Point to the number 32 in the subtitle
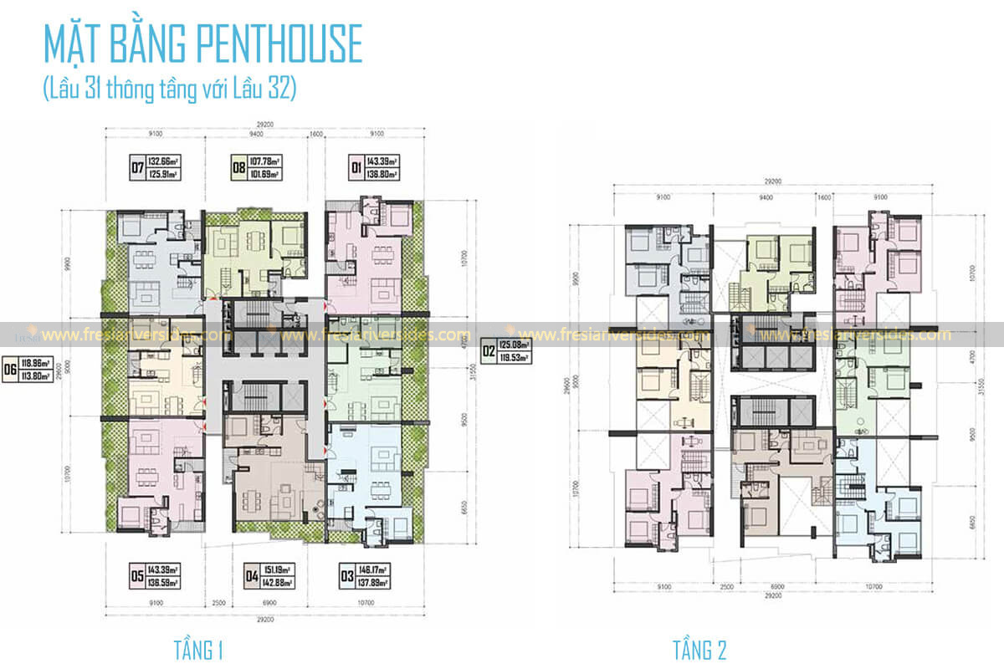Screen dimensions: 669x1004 (281, 89)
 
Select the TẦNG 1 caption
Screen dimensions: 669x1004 (198, 650)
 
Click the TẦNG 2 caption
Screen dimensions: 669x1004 (700, 650)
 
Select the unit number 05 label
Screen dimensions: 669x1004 (136, 575)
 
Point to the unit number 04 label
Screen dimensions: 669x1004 (249, 575)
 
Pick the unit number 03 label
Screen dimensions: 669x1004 (345, 575)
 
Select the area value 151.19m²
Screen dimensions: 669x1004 (278, 569)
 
